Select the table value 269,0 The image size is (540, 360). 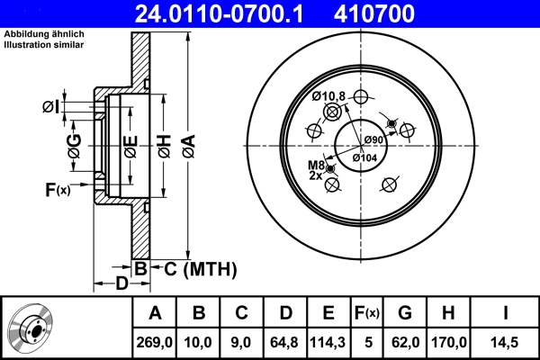click(x=155, y=343)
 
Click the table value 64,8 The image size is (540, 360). click(x=284, y=343)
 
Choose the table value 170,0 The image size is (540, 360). click(x=451, y=343)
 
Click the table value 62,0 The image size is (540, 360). click(x=405, y=343)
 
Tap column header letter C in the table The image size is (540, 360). click(x=241, y=313)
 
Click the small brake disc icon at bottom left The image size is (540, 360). click(x=33, y=328)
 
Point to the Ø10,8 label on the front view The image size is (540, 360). click(x=328, y=96)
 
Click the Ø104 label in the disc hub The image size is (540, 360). click(x=364, y=157)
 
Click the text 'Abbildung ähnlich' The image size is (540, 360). click(x=42, y=33)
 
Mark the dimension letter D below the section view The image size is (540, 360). click(x=121, y=284)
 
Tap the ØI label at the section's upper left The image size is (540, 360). click(x=50, y=108)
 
